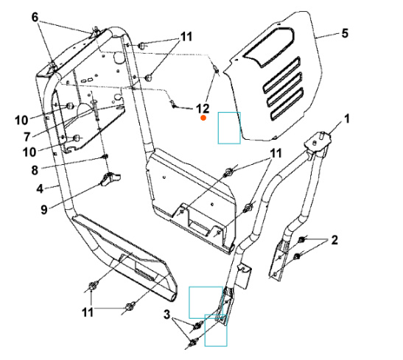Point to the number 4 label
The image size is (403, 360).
tap(41, 188)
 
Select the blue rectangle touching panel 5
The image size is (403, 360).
tap(228, 127)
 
